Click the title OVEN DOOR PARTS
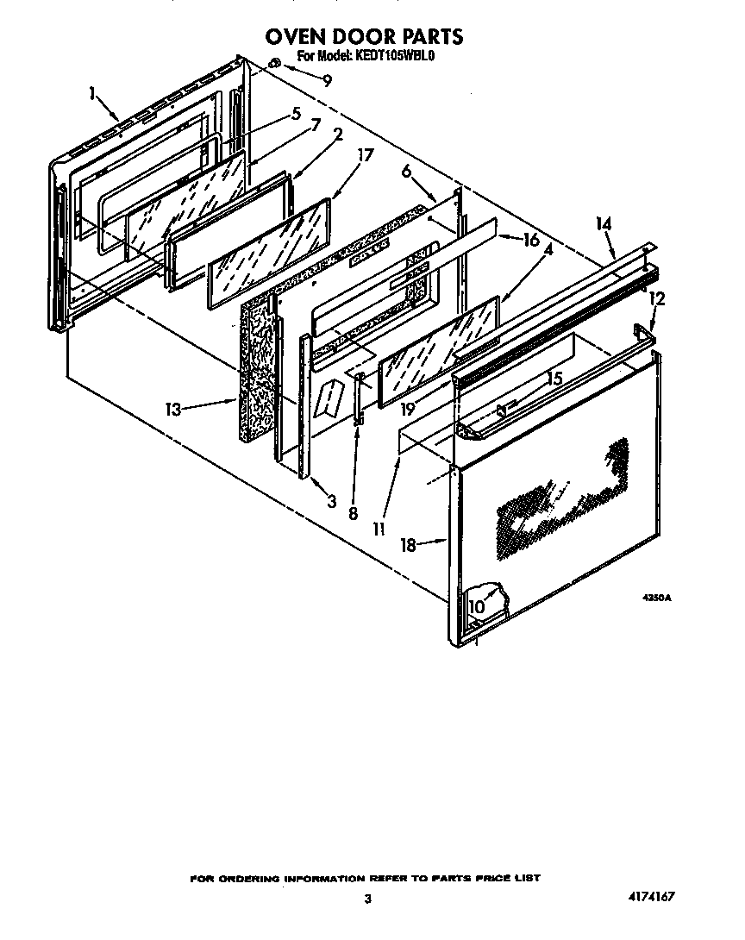tap(363, 36)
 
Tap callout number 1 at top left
tap(92, 94)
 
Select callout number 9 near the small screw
tap(327, 81)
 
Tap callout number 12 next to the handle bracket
tap(658, 298)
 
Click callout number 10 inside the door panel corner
tap(477, 607)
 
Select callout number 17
tap(366, 156)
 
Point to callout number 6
tap(406, 172)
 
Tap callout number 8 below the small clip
tap(353, 513)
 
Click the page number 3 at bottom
tap(367, 899)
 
